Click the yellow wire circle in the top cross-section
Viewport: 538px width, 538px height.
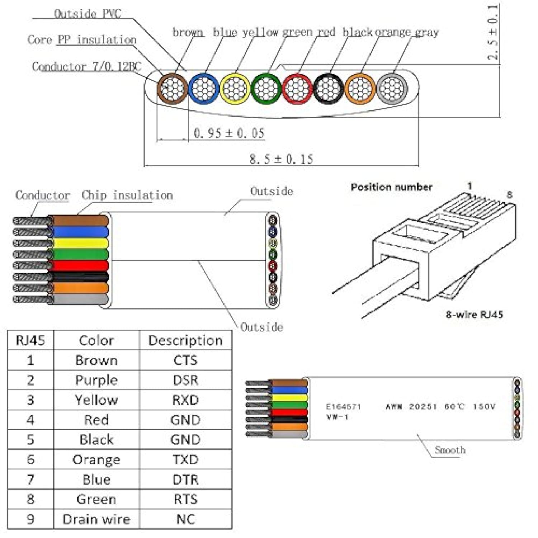pos(235,89)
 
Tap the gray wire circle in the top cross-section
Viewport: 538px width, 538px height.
pos(392,89)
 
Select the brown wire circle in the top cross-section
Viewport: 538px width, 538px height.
pos(172,89)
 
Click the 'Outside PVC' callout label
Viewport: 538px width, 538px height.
pos(88,14)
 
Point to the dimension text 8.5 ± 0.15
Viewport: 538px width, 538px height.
pos(281,159)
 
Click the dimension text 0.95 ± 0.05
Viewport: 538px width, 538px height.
pos(229,133)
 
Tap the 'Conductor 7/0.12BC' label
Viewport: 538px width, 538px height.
pos(86,67)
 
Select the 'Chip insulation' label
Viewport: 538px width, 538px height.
pos(127,195)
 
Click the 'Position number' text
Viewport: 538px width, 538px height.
pos(392,187)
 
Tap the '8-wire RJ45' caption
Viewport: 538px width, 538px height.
pos(474,315)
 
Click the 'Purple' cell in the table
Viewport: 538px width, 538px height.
pos(96,380)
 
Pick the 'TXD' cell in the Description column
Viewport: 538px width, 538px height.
pos(185,459)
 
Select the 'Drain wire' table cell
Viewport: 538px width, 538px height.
pos(96,519)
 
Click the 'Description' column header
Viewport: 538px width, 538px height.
pos(185,340)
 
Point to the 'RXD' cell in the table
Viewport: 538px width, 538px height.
pos(185,400)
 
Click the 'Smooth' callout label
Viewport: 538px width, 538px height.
pos(450,450)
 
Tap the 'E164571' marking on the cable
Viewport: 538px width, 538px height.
pos(343,407)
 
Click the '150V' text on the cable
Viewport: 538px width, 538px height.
pos(484,407)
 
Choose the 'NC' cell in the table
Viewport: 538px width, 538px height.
pos(185,519)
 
